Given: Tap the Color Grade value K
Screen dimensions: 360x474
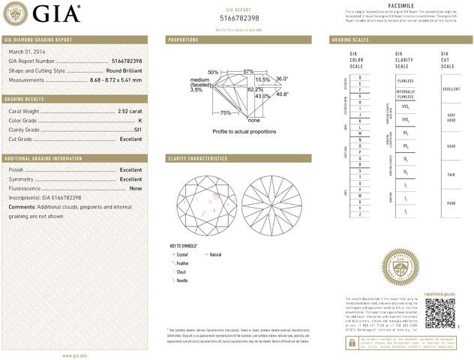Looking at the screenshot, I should [x=140, y=120].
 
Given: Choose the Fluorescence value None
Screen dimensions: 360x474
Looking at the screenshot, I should [x=136, y=188].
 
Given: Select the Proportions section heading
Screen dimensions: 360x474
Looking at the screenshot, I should [x=183, y=39].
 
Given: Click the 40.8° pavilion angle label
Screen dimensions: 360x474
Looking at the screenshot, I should [x=282, y=94].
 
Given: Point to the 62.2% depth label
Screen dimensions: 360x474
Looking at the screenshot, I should [x=254, y=89].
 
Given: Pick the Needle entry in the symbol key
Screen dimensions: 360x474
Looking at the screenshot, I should [x=181, y=280].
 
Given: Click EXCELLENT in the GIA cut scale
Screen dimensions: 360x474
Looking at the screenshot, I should [x=451, y=88].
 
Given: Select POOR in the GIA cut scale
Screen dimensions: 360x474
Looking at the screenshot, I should [x=451, y=202].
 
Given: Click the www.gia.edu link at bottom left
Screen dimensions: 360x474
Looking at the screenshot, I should [x=77, y=355].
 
